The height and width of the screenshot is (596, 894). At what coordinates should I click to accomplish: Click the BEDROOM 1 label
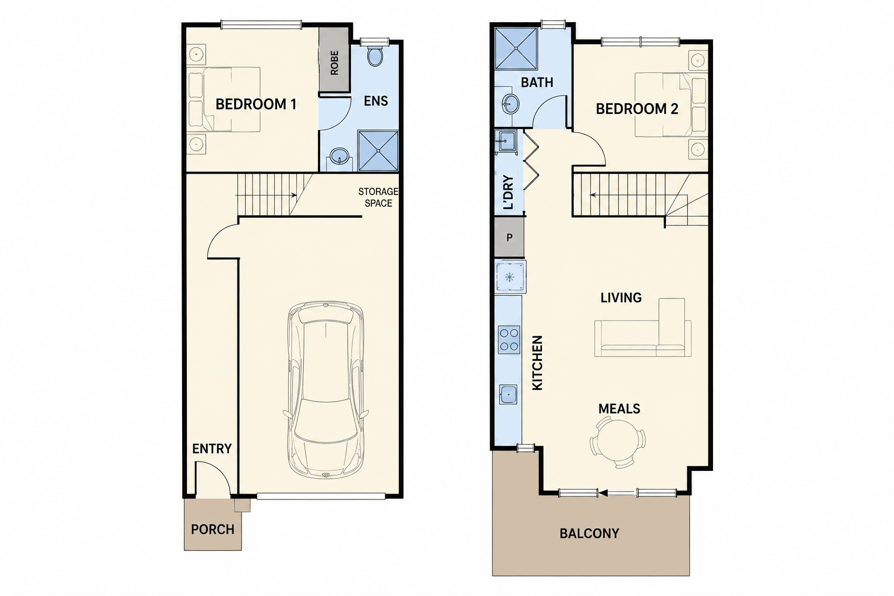(256, 105)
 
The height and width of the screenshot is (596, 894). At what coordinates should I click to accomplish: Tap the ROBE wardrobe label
(335, 63)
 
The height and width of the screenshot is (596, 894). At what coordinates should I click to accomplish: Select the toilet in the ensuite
(375, 56)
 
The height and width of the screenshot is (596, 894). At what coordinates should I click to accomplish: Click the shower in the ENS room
(378, 151)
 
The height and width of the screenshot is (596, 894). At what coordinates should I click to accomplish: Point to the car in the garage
(326, 390)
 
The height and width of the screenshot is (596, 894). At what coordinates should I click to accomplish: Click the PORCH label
(212, 530)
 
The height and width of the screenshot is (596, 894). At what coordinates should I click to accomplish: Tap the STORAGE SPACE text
(378, 198)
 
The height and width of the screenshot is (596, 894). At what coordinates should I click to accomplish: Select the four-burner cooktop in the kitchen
(509, 340)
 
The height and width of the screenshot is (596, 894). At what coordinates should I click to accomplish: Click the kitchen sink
(508, 395)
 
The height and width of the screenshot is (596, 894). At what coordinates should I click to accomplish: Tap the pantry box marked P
(509, 237)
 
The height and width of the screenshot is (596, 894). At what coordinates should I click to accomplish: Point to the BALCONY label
(589, 534)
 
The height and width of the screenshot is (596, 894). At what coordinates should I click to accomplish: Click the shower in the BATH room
(516, 48)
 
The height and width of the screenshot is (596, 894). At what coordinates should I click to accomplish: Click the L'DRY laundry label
(509, 192)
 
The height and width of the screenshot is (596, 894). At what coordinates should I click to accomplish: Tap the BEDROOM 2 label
(637, 109)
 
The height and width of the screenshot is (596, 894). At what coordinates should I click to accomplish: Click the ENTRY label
(212, 449)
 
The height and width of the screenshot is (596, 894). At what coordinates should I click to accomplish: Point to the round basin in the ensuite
(340, 155)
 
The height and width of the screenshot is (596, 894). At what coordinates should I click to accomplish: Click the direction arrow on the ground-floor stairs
(266, 195)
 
